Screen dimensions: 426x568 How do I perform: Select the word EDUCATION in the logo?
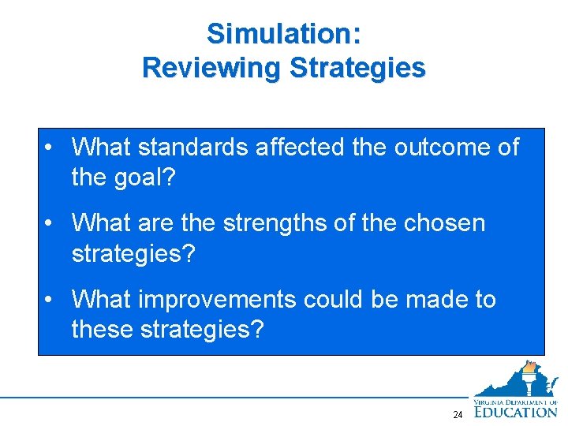[x=517, y=410]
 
